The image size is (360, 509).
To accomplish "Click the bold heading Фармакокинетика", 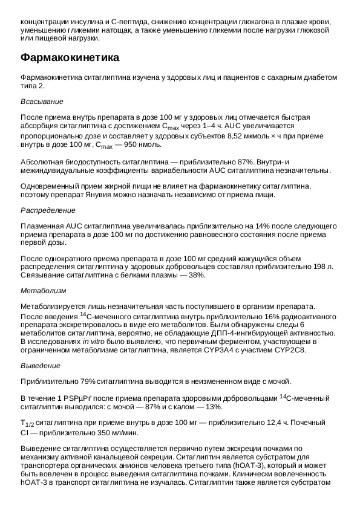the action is (70, 58).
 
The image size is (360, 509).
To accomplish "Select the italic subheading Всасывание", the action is (42, 101).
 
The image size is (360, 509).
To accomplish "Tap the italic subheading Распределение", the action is (48, 210).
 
